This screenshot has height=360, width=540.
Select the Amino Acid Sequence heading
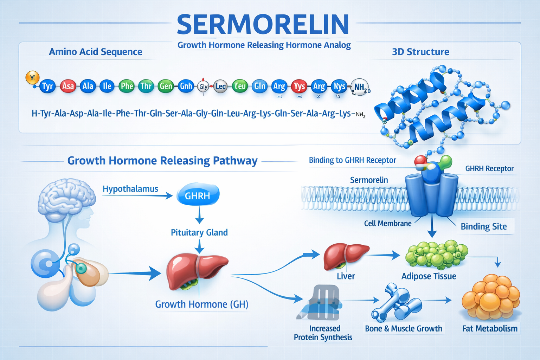(95, 52)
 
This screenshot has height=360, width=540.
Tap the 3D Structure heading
(420, 52)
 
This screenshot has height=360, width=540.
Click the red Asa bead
(68, 86)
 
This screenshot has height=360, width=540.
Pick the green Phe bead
(127, 86)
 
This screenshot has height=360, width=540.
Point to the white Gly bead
(203, 86)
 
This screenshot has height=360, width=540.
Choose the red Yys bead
(299, 86)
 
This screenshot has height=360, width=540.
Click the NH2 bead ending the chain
(359, 87)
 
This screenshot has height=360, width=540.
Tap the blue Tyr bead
(47, 86)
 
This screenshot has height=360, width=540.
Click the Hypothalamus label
(130, 189)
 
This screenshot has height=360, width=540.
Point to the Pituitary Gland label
(199, 232)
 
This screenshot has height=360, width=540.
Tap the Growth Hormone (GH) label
(202, 304)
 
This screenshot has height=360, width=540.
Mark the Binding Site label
(484, 227)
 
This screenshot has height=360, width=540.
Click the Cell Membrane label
(388, 224)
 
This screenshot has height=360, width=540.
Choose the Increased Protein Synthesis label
(323, 333)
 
